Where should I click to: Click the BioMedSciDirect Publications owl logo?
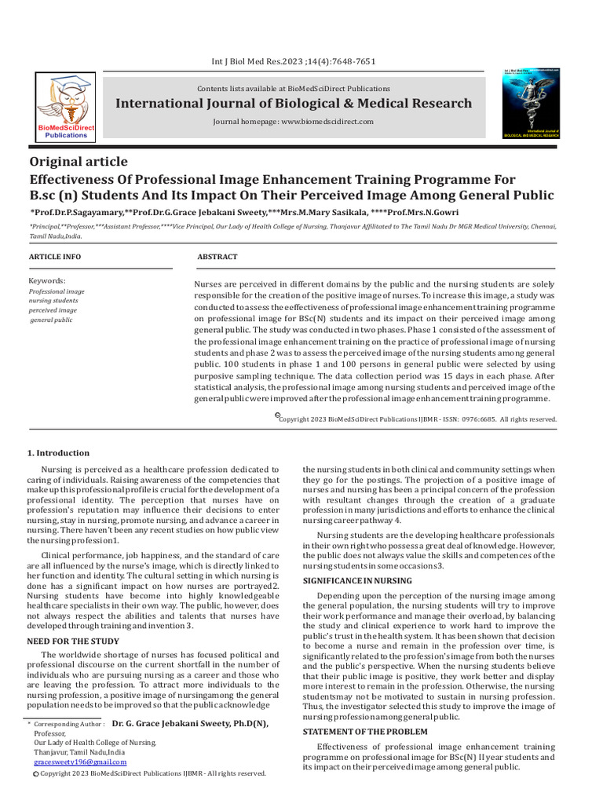click(x=69, y=105)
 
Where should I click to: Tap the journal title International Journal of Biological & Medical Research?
click(x=294, y=104)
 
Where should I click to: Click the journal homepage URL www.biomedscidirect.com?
click(x=327, y=122)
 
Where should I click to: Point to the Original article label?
click(x=79, y=162)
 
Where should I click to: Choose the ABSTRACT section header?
click(x=217, y=257)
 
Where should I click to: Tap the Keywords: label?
click(x=47, y=280)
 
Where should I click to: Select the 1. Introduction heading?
click(x=59, y=453)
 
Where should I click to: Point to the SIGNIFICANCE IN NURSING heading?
click(x=357, y=580)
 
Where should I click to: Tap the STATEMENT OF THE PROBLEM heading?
click(x=365, y=732)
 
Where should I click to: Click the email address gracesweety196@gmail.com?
click(x=79, y=762)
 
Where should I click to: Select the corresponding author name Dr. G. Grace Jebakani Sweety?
click(x=190, y=723)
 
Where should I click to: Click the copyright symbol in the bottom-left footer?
click(x=35, y=774)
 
